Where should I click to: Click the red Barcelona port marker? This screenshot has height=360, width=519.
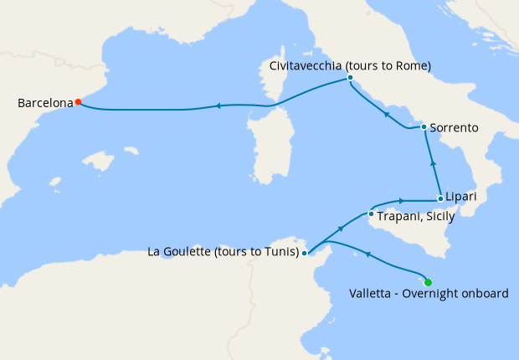(x=78, y=102)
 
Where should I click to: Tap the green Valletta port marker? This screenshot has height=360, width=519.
(x=429, y=282)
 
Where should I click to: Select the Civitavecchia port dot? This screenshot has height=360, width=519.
(x=350, y=79)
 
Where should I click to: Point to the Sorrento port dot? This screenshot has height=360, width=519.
(x=424, y=127)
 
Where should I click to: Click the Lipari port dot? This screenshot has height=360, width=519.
(x=440, y=199)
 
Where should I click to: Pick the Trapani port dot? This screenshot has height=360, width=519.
(x=373, y=214)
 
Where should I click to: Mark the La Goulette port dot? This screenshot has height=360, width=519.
(x=305, y=252)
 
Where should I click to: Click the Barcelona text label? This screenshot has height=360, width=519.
(x=44, y=104)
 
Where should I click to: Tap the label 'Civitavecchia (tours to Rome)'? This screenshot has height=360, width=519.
(x=350, y=65)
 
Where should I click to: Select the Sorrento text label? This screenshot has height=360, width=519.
(x=454, y=128)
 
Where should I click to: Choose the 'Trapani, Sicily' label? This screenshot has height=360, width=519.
(x=416, y=216)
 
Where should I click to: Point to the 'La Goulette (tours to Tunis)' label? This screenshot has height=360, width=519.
(x=222, y=251)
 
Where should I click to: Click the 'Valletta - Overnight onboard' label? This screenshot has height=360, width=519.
(x=429, y=294)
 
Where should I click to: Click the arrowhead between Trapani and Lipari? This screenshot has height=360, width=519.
(x=403, y=200)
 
